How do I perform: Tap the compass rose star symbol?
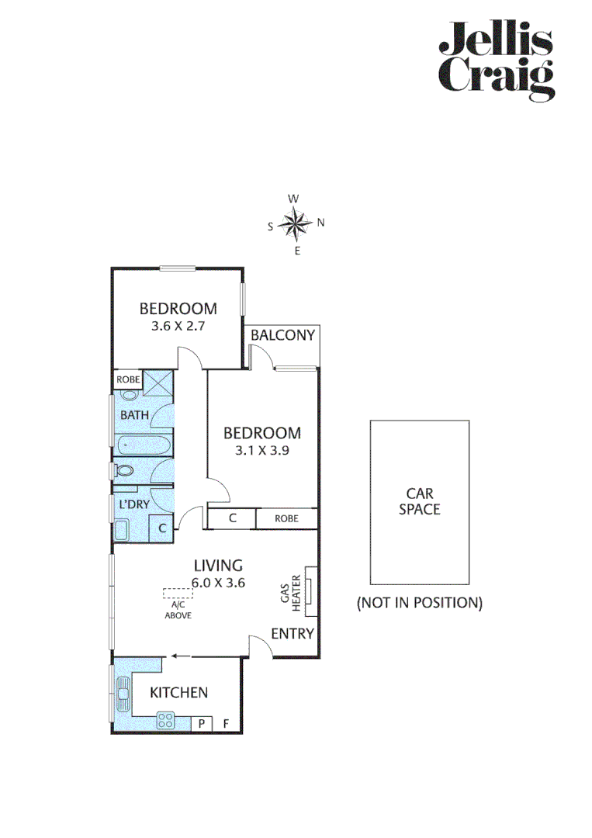point(295,224)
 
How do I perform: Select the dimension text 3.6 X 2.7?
point(178,327)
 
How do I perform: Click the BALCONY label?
point(283,335)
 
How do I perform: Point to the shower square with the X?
point(158,385)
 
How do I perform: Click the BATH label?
point(134,415)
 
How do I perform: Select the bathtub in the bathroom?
point(144,446)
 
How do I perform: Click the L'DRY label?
point(133,504)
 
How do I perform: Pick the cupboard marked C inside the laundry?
point(161,528)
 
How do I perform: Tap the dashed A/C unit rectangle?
point(178,593)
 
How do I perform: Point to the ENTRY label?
point(293,634)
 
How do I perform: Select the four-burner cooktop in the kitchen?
point(165,720)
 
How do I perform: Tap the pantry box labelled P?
point(202,723)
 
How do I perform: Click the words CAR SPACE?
point(419,501)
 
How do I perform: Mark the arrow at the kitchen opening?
point(180,656)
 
